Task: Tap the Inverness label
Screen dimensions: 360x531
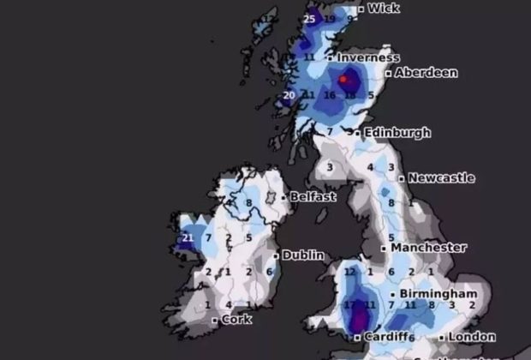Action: pyautogui.click(x=369, y=58)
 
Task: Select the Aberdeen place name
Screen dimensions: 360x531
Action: pyautogui.click(x=425, y=74)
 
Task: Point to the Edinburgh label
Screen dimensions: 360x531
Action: pyautogui.click(x=397, y=133)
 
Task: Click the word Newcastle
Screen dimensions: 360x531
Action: pyautogui.click(x=441, y=178)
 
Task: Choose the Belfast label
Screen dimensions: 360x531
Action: pyautogui.click(x=313, y=196)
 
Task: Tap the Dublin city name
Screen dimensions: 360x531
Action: pyautogui.click(x=304, y=255)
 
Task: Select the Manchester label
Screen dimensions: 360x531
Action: pyautogui.click(x=429, y=248)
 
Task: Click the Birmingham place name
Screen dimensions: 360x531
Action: pyautogui.click(x=438, y=294)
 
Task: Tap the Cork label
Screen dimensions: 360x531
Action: pyautogui.click(x=236, y=319)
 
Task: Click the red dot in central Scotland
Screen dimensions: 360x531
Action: pyautogui.click(x=344, y=80)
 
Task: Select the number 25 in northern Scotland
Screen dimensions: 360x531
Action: pyautogui.click(x=310, y=18)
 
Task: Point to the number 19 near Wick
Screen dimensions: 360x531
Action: pyautogui.click(x=330, y=18)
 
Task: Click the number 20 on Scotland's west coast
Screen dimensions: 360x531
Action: pyautogui.click(x=289, y=95)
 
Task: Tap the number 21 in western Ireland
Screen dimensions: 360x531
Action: pyautogui.click(x=188, y=238)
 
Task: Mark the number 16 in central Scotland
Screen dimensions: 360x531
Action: pyautogui.click(x=330, y=95)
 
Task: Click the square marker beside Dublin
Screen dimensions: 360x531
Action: pyautogui.click(x=276, y=255)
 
